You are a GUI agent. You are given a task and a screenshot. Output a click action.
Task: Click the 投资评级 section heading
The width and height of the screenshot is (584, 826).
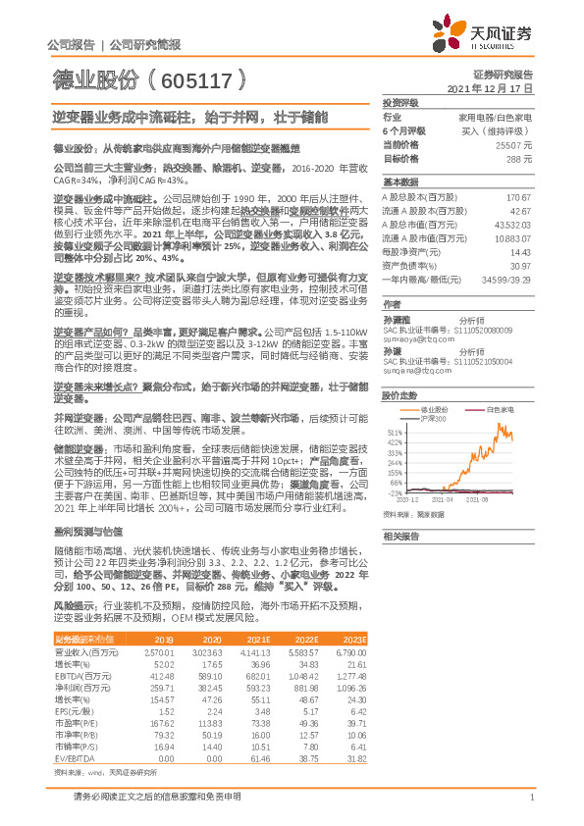pyautogui.click(x=400, y=102)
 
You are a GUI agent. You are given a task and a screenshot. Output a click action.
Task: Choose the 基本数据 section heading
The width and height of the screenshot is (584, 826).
pyautogui.click(x=400, y=183)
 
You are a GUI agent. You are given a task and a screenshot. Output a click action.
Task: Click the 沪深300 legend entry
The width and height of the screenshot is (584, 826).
pyautogui.click(x=433, y=418)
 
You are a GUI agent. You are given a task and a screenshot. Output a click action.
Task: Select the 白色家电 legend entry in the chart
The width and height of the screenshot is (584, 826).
pyautogui.click(x=504, y=407)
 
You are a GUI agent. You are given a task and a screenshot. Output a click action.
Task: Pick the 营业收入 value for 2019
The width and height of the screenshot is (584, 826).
pyautogui.click(x=159, y=651)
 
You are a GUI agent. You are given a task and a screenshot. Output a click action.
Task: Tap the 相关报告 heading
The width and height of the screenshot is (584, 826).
pyautogui.click(x=400, y=536)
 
